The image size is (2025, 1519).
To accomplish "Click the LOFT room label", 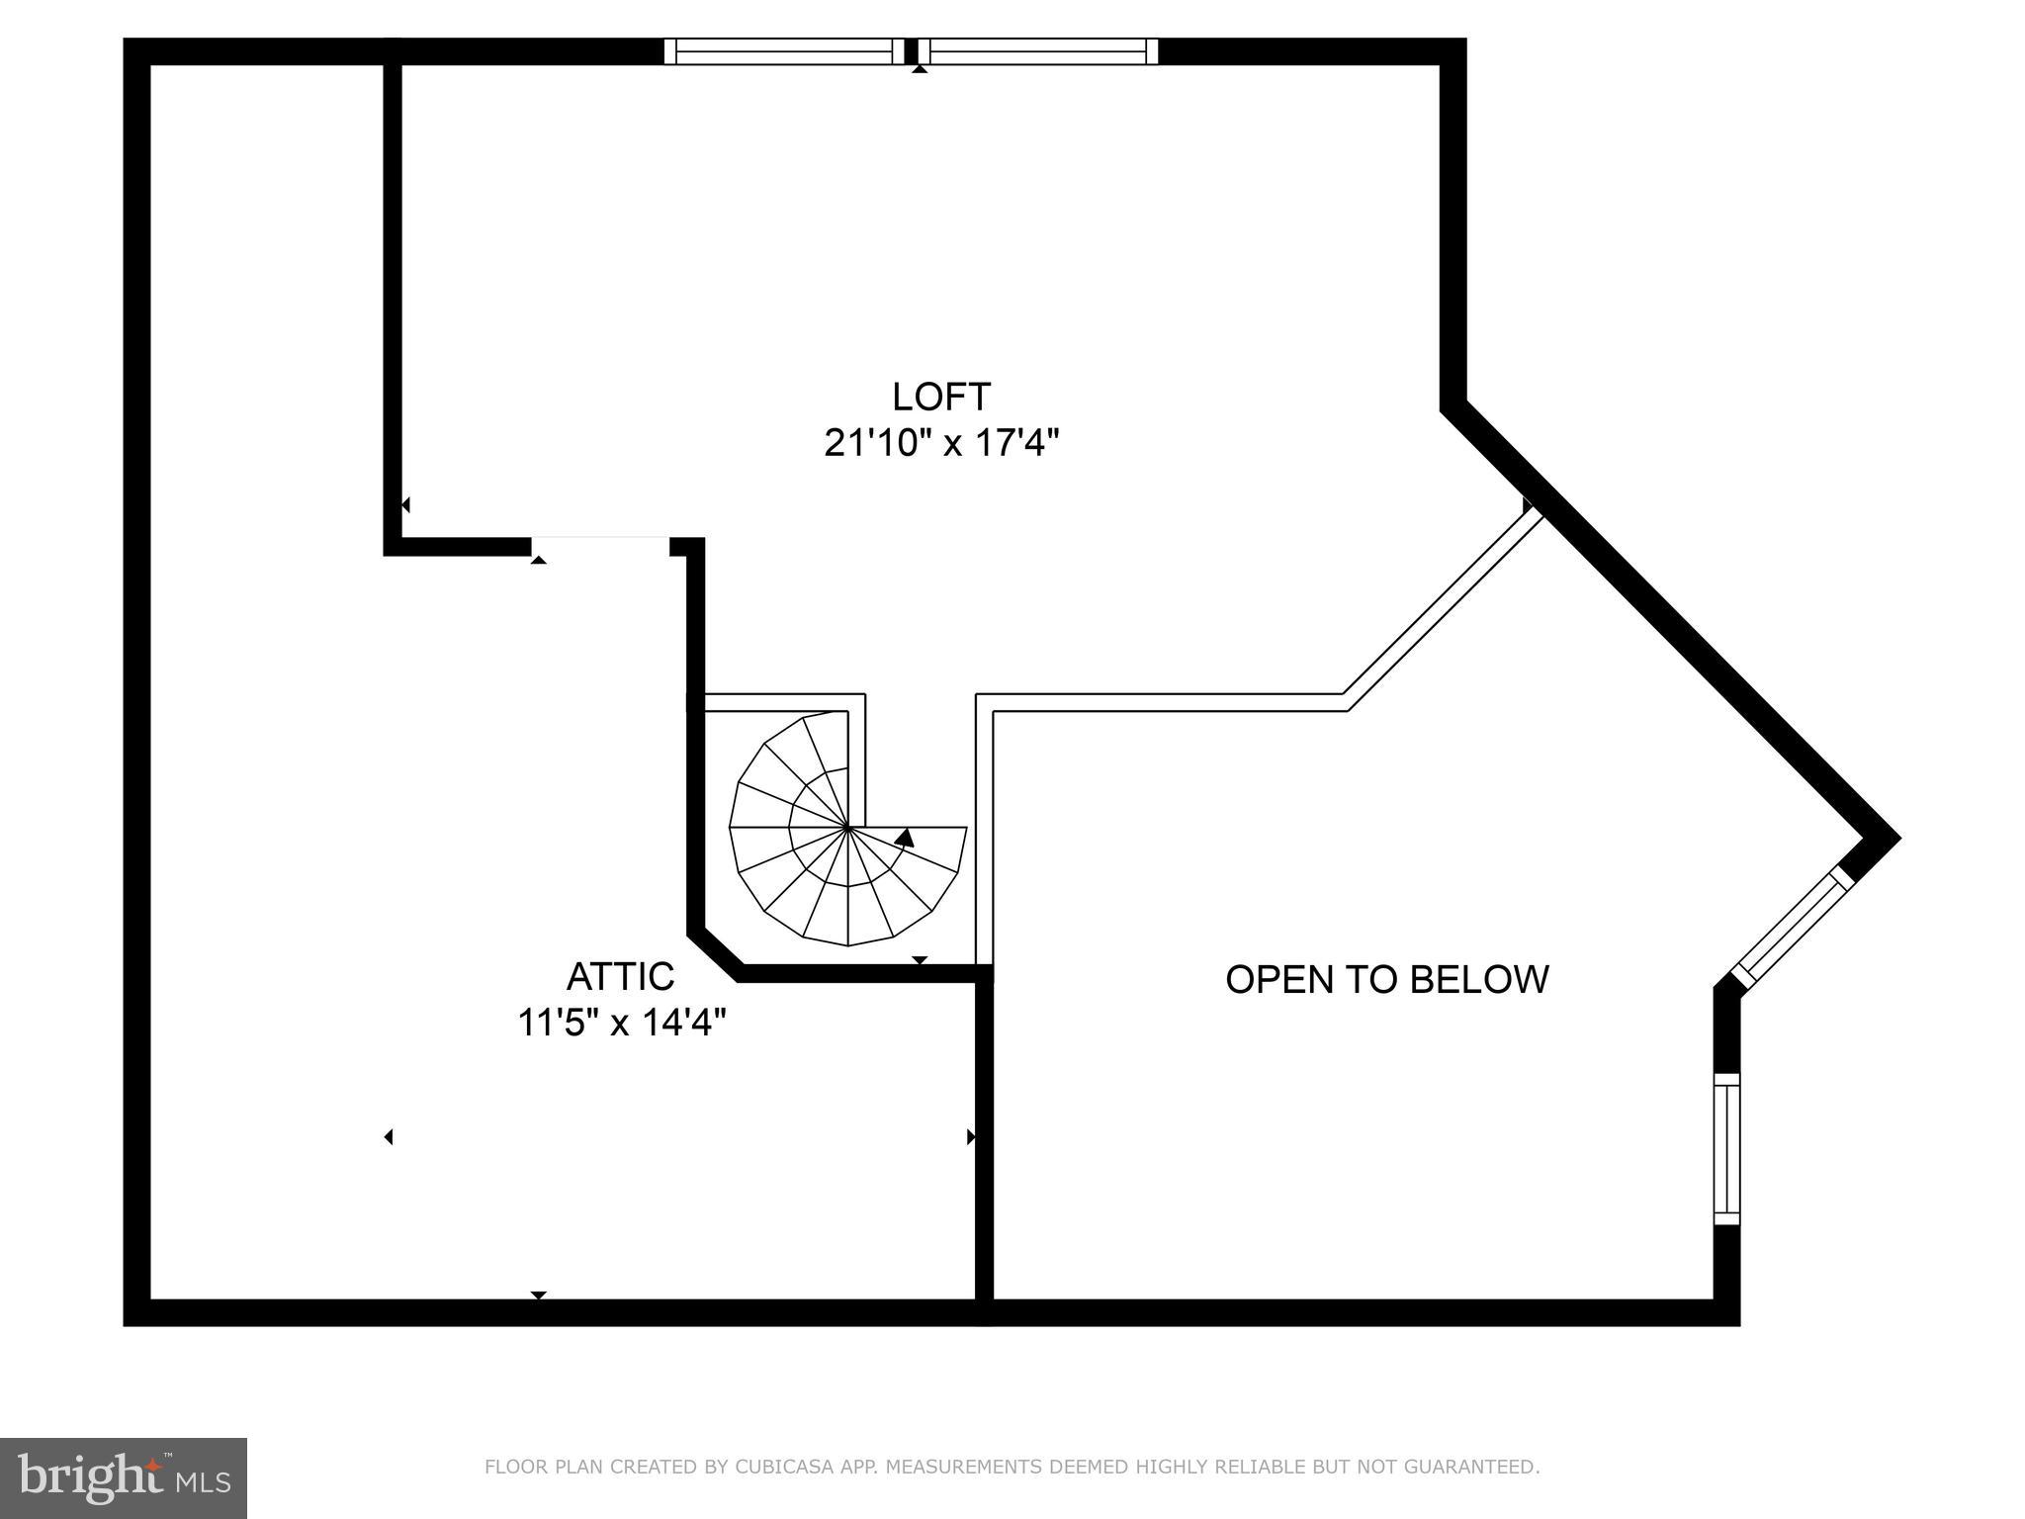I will tap(940, 397).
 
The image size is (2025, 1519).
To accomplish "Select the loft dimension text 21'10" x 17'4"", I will tap(940, 443).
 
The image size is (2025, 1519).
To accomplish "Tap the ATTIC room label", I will tap(620, 976).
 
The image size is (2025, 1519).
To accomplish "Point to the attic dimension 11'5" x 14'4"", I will tap(622, 1022).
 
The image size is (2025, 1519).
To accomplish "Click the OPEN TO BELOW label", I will tap(1386, 979).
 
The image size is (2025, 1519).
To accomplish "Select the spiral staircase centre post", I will tap(848, 827).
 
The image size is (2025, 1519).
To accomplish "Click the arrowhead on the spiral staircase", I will tap(904, 838).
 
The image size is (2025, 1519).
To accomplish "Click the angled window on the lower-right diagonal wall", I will tap(1792, 928).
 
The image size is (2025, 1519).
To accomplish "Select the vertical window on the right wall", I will tap(1726, 1149).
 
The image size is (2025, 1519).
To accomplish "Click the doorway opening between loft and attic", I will tap(600, 546).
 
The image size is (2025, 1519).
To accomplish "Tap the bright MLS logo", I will tap(123, 1477).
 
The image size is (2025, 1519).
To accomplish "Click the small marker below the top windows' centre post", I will tap(920, 69).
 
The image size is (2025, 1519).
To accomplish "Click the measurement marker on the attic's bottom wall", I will tap(538, 1295).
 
